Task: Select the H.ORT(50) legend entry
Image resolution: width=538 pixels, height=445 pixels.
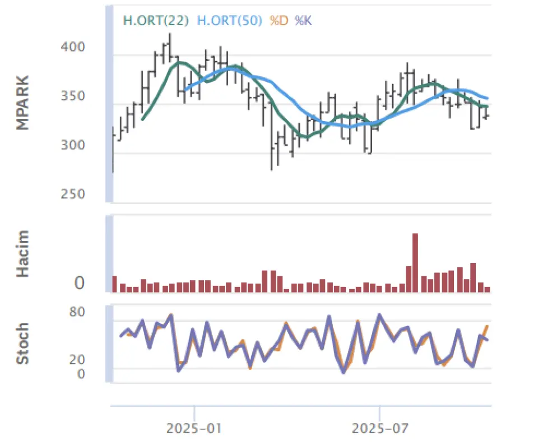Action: tap(230, 21)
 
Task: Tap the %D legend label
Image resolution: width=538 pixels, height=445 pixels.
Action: tap(279, 21)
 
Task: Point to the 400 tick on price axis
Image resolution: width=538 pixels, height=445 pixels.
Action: tap(73, 47)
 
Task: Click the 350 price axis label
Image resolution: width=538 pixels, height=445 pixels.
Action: tap(73, 96)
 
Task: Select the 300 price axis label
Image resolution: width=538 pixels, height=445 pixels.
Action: tap(73, 145)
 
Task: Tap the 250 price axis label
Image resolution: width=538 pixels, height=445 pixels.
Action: tap(73, 194)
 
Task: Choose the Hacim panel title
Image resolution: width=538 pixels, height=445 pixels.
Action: tap(23, 254)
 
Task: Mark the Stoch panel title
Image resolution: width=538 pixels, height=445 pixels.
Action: tap(23, 343)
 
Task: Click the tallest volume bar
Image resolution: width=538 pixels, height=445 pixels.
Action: tap(415, 262)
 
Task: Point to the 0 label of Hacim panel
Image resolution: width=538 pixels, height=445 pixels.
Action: tap(80, 284)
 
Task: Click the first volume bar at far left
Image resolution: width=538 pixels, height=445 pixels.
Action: tap(114, 284)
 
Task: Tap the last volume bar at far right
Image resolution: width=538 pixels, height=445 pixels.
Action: tap(488, 289)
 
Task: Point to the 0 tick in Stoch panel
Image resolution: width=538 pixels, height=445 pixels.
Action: tap(81, 373)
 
